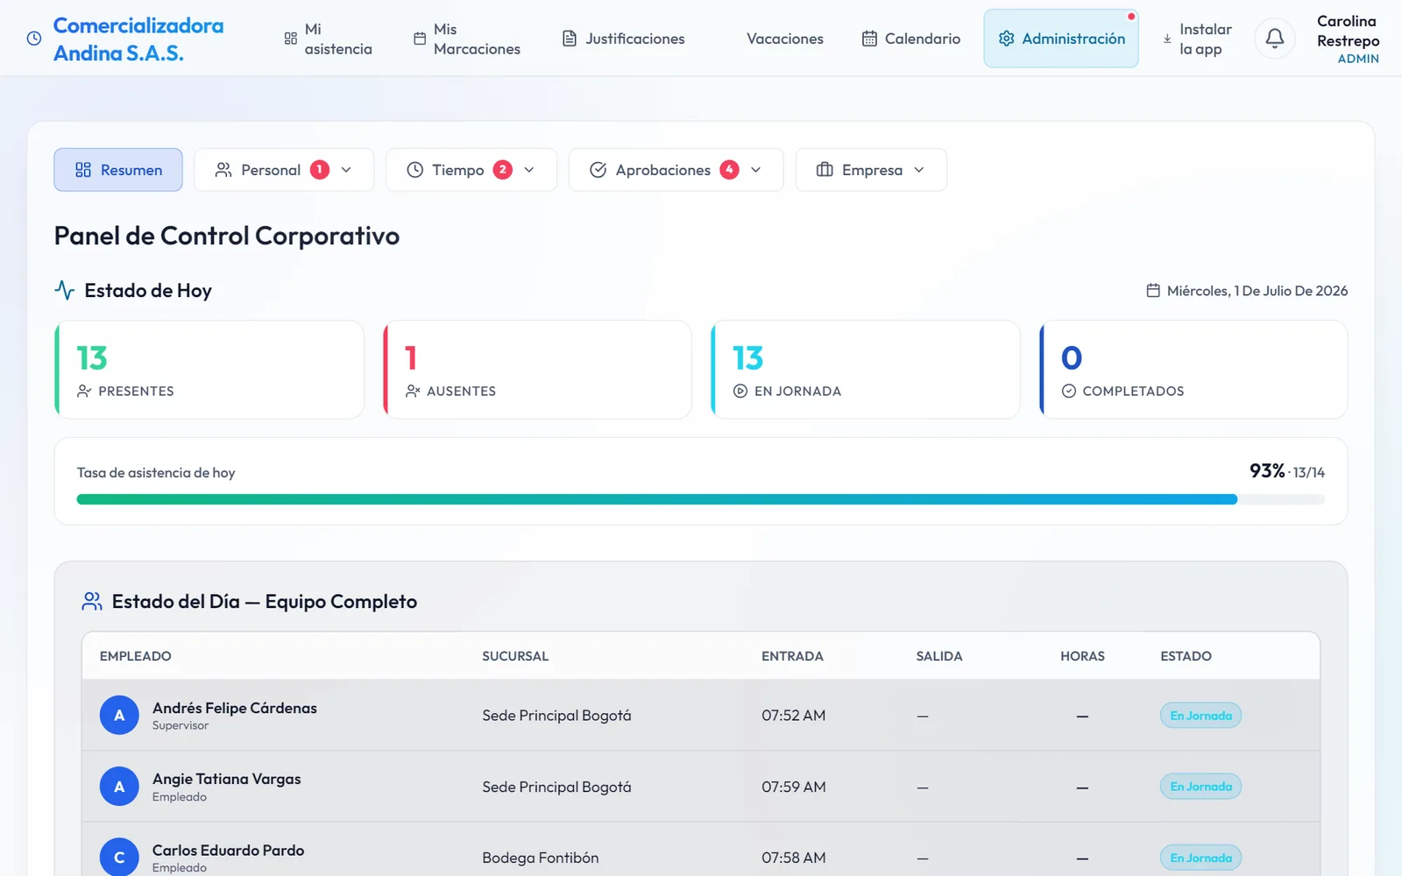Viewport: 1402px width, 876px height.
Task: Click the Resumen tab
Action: pos(118,170)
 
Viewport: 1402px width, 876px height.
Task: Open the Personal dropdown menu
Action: pos(284,170)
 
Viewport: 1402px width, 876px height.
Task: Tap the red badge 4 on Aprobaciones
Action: pos(729,170)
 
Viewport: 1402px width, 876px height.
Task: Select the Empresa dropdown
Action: pos(871,170)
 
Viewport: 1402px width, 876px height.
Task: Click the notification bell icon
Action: pos(1274,39)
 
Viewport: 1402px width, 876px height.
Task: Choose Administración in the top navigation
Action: pos(1061,39)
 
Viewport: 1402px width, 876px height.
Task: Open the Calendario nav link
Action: pos(911,39)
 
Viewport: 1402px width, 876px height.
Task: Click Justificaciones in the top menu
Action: pos(623,39)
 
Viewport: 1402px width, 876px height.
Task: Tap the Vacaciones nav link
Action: pos(785,39)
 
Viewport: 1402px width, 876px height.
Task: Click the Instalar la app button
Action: pos(1197,39)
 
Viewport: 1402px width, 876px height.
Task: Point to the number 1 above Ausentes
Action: pos(411,358)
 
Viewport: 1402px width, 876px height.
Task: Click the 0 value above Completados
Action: pos(1072,358)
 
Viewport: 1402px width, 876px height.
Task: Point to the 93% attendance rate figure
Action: pos(1267,470)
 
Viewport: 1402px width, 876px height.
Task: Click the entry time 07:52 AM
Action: pos(794,715)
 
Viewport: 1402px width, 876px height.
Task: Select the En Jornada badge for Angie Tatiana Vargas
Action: pos(1200,787)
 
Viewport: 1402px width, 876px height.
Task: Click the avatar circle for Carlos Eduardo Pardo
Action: pos(119,857)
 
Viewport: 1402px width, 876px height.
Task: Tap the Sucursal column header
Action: pos(515,656)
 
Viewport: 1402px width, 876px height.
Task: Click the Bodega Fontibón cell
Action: pos(540,858)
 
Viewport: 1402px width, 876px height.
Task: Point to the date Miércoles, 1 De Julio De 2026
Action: pos(1257,290)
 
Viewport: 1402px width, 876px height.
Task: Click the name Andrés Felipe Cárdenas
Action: pos(235,708)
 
